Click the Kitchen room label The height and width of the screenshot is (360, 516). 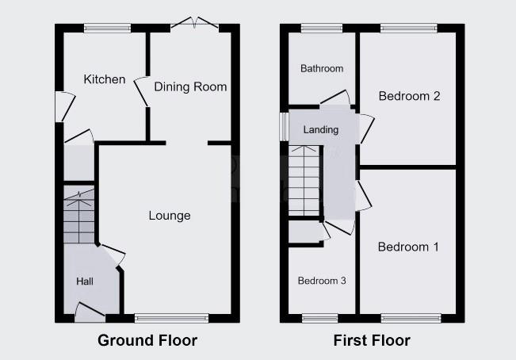coord(105,79)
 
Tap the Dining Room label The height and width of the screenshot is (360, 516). coord(190,87)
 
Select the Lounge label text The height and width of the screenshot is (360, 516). coord(170,216)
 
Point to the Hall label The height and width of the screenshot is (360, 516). coord(85,281)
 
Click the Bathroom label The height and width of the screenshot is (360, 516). coord(322,68)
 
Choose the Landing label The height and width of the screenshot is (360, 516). coord(321,130)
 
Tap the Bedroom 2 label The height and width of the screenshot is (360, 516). coord(409,96)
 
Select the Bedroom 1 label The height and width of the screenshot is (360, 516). coord(408,247)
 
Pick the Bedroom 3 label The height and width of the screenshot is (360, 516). coord(322,281)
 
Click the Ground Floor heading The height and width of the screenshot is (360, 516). coord(147,340)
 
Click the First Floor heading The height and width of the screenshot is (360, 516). coord(372,340)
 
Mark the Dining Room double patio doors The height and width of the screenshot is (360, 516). coord(194,23)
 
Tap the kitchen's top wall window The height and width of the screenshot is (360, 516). coord(107,29)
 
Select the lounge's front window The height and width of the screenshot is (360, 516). coord(172,318)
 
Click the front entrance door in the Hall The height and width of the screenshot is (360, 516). coord(90,312)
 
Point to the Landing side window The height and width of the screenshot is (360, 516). coord(284,127)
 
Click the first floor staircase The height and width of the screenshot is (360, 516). coord(304,181)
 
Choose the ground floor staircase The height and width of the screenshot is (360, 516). coord(79,215)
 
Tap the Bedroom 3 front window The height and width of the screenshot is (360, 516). coord(320,318)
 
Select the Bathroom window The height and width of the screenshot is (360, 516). coord(322,29)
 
